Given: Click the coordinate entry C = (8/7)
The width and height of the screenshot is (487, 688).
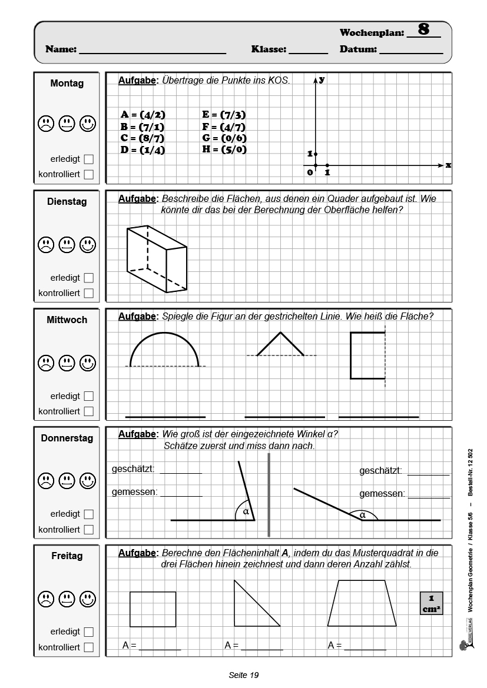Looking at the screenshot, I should pyautogui.click(x=143, y=138).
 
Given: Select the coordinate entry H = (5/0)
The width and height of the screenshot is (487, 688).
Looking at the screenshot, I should pyautogui.click(x=224, y=149).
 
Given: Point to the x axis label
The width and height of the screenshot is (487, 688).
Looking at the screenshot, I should pyautogui.click(x=448, y=165).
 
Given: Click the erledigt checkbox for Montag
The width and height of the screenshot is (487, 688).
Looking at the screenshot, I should pyautogui.click(x=89, y=159).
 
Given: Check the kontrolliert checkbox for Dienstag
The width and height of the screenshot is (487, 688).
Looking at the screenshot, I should pyautogui.click(x=89, y=293).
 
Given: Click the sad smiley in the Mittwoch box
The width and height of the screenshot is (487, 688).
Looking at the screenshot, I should pyautogui.click(x=45, y=361).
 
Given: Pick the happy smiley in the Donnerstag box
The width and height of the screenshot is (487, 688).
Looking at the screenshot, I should pyautogui.click(x=88, y=479).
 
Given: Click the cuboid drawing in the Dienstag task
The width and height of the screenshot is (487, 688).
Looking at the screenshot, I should pyautogui.click(x=157, y=260).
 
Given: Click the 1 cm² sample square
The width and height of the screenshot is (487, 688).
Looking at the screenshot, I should pyautogui.click(x=431, y=603).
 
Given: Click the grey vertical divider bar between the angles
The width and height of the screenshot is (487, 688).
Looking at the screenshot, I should pyautogui.click(x=269, y=494).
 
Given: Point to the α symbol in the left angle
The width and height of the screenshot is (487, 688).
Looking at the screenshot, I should pyautogui.click(x=246, y=512).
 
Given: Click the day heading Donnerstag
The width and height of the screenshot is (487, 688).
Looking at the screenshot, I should pyautogui.click(x=67, y=438).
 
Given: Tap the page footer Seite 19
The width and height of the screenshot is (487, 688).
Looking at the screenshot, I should pyautogui.click(x=244, y=675).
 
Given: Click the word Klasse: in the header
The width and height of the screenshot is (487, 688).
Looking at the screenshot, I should pyautogui.click(x=269, y=50).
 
